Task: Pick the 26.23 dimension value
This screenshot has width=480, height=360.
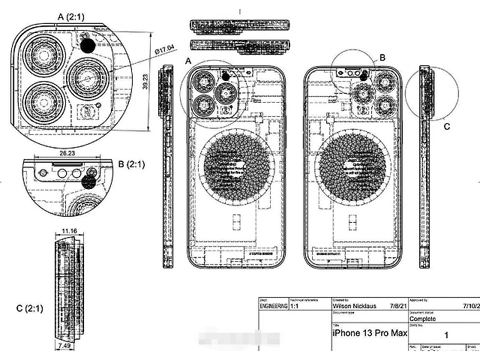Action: coord(67,152)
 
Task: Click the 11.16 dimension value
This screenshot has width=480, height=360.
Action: coord(70,231)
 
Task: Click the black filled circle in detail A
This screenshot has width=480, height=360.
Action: coord(88,45)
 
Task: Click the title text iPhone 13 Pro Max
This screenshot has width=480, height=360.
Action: coord(370,332)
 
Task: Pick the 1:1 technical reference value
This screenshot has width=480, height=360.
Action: coord(295,306)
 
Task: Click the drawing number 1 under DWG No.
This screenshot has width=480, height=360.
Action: coord(447,337)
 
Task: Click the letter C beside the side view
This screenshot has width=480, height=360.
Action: coord(446,127)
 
